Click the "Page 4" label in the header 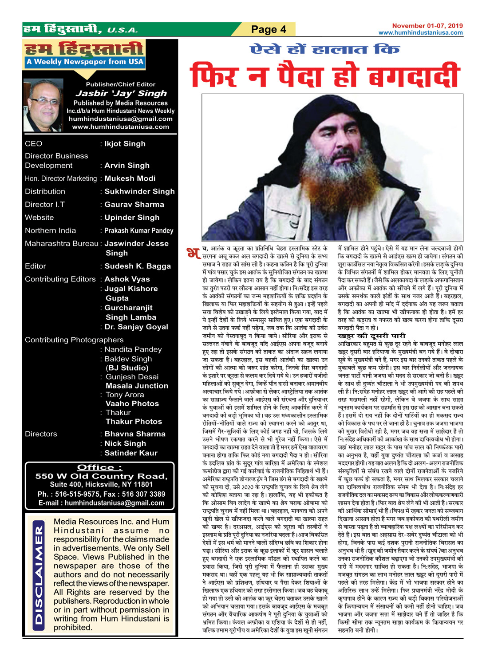pyautogui.click(x=269, y=30)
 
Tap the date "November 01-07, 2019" pyautogui.click(x=427, y=26)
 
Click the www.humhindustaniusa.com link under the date pyautogui.click(x=420, y=32)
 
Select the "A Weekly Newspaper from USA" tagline pyautogui.click(x=85, y=62)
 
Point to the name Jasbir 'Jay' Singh pyautogui.click(x=121, y=93)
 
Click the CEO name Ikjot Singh pyautogui.click(x=125, y=143)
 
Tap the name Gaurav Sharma pyautogui.click(x=134, y=204)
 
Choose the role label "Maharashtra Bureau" pyautogui.click(x=62, y=243)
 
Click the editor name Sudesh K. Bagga pyautogui.click(x=137, y=266)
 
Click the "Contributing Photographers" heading pyautogui.click(x=74, y=340)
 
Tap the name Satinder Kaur pyautogui.click(x=130, y=453)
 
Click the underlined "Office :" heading pyautogui.click(x=99, y=467)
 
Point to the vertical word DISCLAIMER pyautogui.click(x=40, y=575)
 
